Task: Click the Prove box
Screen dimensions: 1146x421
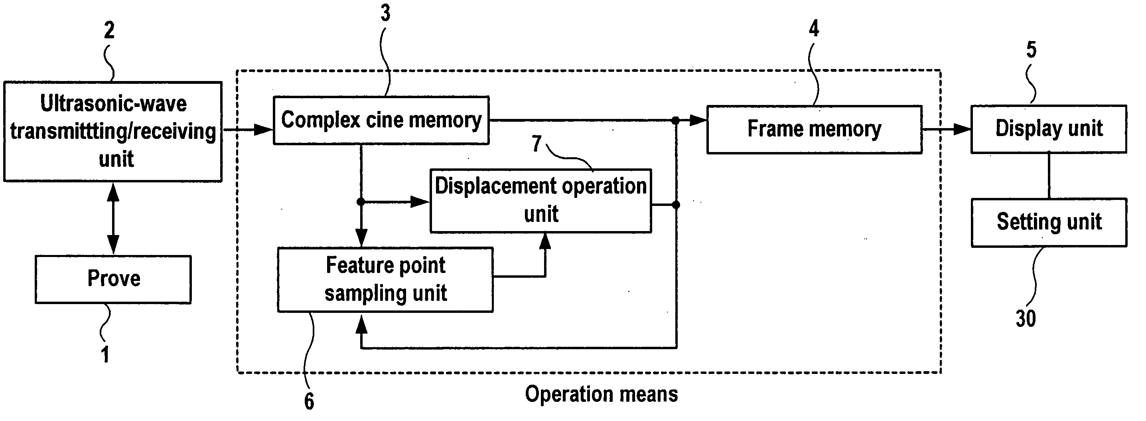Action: click(x=113, y=279)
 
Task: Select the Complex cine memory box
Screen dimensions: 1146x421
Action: click(x=381, y=120)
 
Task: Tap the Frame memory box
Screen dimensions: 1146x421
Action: click(x=814, y=130)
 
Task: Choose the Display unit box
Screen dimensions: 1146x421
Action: click(x=1049, y=129)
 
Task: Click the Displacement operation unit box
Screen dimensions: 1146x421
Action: click(x=541, y=201)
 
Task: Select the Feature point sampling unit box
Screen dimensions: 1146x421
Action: click(x=385, y=279)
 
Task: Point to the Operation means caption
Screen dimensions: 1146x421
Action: click(x=602, y=394)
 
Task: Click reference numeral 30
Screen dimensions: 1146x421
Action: click(x=1026, y=318)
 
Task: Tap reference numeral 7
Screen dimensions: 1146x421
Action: click(x=537, y=143)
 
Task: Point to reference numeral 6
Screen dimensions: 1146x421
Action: click(x=309, y=401)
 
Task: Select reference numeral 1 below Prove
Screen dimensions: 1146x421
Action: click(x=105, y=355)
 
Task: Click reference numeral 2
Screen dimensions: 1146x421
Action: click(x=109, y=30)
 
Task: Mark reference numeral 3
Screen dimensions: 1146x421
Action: click(x=385, y=13)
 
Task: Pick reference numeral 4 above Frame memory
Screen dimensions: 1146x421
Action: click(x=814, y=28)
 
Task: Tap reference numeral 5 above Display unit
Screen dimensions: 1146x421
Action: click(x=1031, y=49)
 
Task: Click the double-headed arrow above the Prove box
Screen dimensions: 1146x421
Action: click(x=113, y=219)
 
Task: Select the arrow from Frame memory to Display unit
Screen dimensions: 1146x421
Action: click(x=947, y=130)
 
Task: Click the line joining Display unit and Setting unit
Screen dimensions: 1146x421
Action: click(x=1049, y=176)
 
